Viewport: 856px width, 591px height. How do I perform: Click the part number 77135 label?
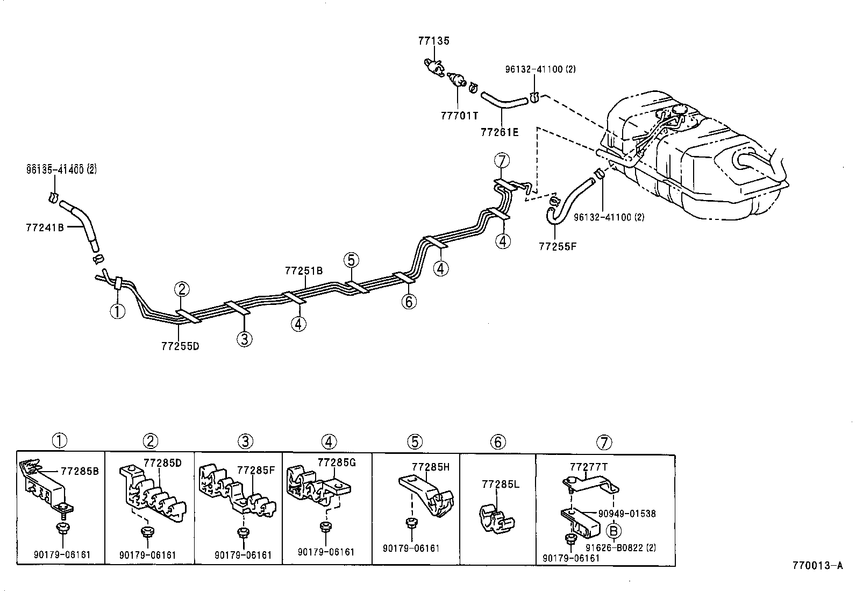[x=433, y=41]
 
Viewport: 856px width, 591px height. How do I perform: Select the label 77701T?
[x=459, y=116]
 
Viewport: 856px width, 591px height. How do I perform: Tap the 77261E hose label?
[x=500, y=132]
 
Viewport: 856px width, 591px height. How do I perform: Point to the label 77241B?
[x=45, y=227]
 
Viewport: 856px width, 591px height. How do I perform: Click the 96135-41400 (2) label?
[x=61, y=170]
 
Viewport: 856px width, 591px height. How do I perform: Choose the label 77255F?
[x=558, y=247]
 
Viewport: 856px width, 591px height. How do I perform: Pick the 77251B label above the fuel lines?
[x=304, y=270]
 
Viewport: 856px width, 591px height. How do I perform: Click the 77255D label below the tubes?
[x=180, y=346]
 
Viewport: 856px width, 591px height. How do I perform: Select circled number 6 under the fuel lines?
[x=409, y=302]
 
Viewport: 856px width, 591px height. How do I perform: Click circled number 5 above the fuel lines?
[x=351, y=261]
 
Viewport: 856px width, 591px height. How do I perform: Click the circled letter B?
[x=614, y=531]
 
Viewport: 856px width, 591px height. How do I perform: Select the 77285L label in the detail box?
[x=501, y=485]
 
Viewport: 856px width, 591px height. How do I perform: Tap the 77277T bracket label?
[x=589, y=467]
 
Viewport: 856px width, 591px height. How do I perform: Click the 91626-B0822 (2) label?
[x=620, y=548]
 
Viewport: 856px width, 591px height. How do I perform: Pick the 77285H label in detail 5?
[x=431, y=467]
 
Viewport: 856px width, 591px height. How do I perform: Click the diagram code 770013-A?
[x=817, y=565]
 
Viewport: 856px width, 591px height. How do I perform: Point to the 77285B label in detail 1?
[x=80, y=471]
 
